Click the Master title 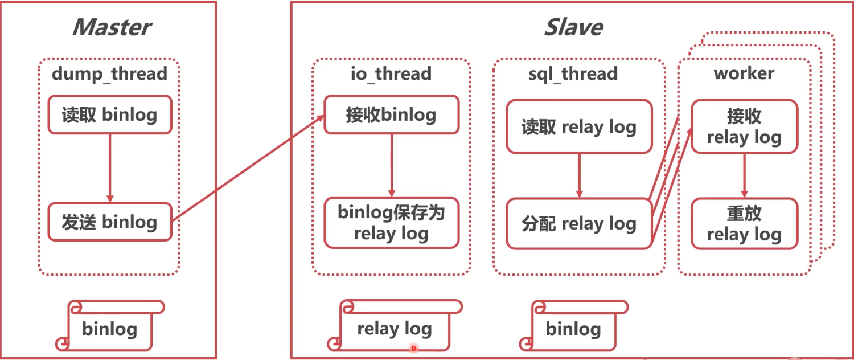pyautogui.click(x=112, y=27)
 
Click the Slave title pyautogui.click(x=573, y=27)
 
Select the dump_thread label pyautogui.click(x=109, y=74)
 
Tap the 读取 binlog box pyautogui.click(x=109, y=115)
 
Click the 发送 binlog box pyautogui.click(x=109, y=222)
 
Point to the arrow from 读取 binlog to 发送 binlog pyautogui.click(x=110, y=168)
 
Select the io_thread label pyautogui.click(x=391, y=74)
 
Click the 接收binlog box pyautogui.click(x=391, y=115)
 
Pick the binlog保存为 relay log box pyautogui.click(x=391, y=223)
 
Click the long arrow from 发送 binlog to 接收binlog pyautogui.click(x=248, y=168)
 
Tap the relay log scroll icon pyautogui.click(x=394, y=328)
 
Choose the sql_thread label pyautogui.click(x=573, y=74)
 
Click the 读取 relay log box pyautogui.click(x=579, y=127)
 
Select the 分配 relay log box pyautogui.click(x=579, y=224)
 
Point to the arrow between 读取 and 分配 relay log pyautogui.click(x=580, y=175)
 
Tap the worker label pyautogui.click(x=744, y=74)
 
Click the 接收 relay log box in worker pyautogui.click(x=744, y=127)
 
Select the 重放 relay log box pyautogui.click(x=744, y=224)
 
